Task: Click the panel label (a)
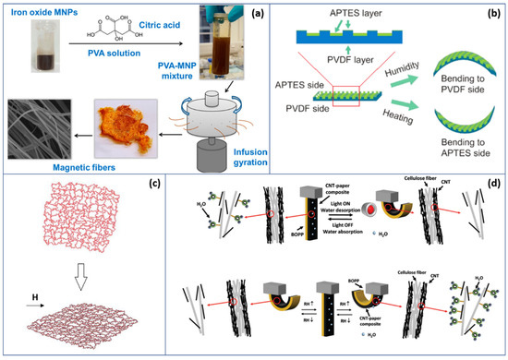tap(238, 13)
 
